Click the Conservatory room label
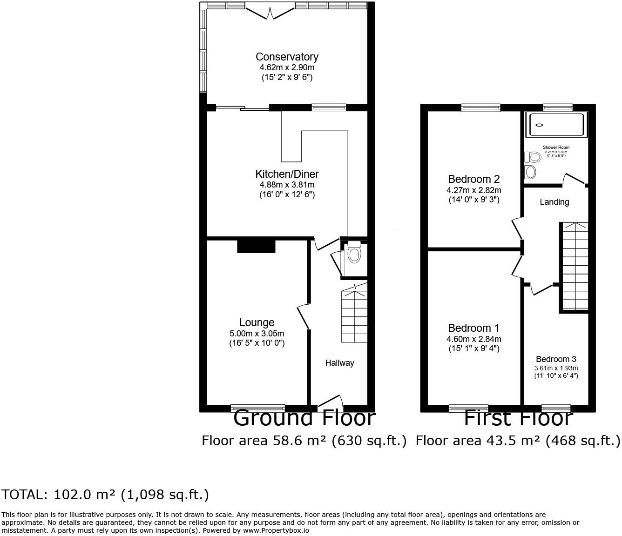pyautogui.click(x=287, y=57)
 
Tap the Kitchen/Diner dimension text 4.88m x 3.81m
pyautogui.click(x=287, y=185)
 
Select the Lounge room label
pyautogui.click(x=257, y=322)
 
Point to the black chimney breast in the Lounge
pyautogui.click(x=256, y=246)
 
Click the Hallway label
pyautogui.click(x=339, y=363)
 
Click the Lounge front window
pyautogui.click(x=258, y=408)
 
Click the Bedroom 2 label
pyautogui.click(x=473, y=179)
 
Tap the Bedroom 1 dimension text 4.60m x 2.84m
pyautogui.click(x=473, y=339)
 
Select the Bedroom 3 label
pyautogui.click(x=556, y=359)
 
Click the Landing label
pyautogui.click(x=554, y=202)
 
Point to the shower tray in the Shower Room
pyautogui.click(x=556, y=124)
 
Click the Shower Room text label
pyautogui.click(x=556, y=147)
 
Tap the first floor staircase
pyautogui.click(x=576, y=266)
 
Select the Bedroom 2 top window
pyautogui.click(x=481, y=107)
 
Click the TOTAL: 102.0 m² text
pyautogui.click(x=105, y=495)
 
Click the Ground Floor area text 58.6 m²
pyautogui.click(x=304, y=440)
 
